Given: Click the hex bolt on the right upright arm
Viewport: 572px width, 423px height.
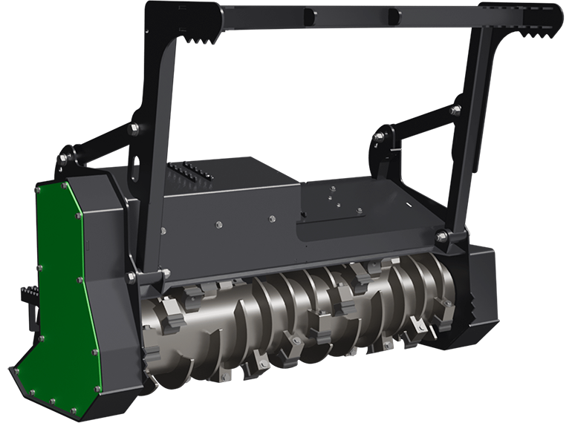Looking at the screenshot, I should tap(455, 109).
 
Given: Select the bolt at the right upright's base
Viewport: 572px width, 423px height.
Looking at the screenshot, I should tap(442, 237).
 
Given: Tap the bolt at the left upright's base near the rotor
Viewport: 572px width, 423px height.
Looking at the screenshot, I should tap(131, 278).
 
